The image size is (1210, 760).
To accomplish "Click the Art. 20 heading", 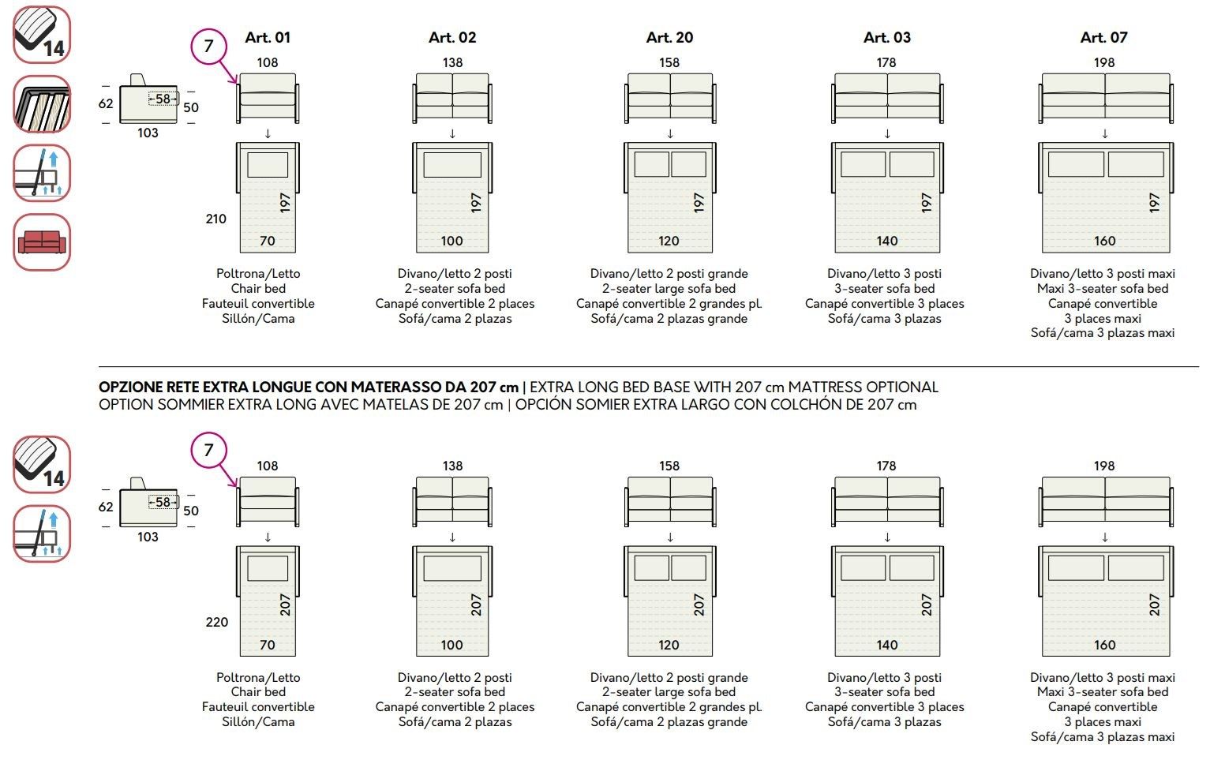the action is (669, 37).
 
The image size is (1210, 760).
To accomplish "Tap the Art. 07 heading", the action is (1103, 37).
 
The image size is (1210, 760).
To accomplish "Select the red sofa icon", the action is (42, 242).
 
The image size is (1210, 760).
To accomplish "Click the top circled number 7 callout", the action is (208, 47).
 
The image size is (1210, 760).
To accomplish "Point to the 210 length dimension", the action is (215, 219).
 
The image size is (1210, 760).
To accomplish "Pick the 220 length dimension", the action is (216, 622).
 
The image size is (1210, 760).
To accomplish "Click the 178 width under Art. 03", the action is (886, 62).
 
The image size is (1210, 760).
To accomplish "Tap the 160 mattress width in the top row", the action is (1105, 241).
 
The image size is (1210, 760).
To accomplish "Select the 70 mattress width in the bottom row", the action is (268, 645).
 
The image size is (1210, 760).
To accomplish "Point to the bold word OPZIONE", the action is (130, 387).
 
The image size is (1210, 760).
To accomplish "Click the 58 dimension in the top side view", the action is (163, 99).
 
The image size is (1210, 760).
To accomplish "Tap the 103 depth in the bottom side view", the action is (148, 537).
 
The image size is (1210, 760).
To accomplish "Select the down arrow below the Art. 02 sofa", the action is (452, 133).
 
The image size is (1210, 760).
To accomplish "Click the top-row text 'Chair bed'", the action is (258, 288).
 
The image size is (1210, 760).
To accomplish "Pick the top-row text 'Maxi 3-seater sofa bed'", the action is (1103, 288).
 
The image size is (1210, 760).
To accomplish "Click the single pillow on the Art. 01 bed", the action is (268, 165).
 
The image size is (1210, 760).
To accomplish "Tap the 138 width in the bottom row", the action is (453, 466).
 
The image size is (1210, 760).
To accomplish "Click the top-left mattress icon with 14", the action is (42, 35).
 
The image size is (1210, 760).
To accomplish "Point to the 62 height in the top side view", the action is (106, 103).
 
